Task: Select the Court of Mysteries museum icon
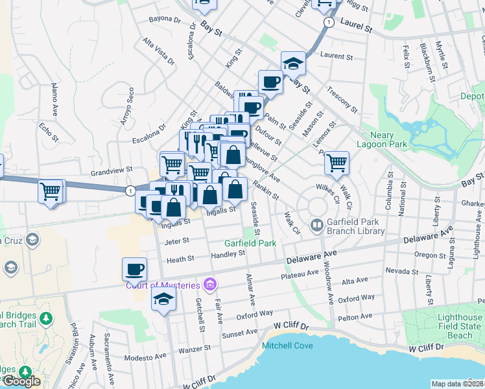pyautogui.click(x=209, y=283)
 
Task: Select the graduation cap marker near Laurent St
pyautogui.click(x=293, y=64)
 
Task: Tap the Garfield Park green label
pyautogui.click(x=250, y=243)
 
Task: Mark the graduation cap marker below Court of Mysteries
pyautogui.click(x=163, y=299)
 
